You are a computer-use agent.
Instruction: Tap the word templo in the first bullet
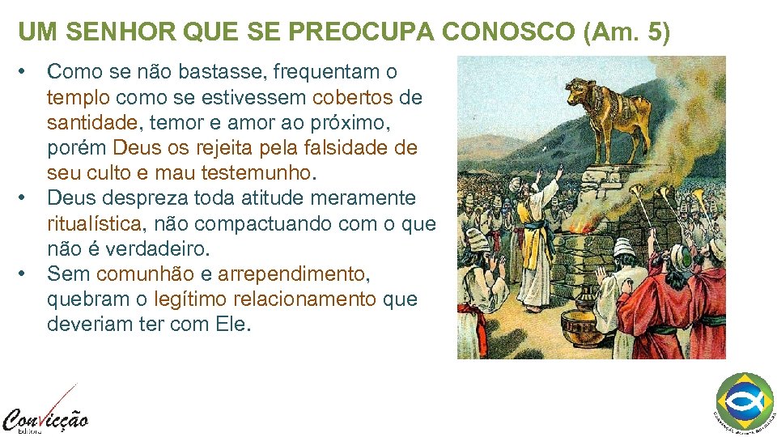79,98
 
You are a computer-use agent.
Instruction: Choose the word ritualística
94,223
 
